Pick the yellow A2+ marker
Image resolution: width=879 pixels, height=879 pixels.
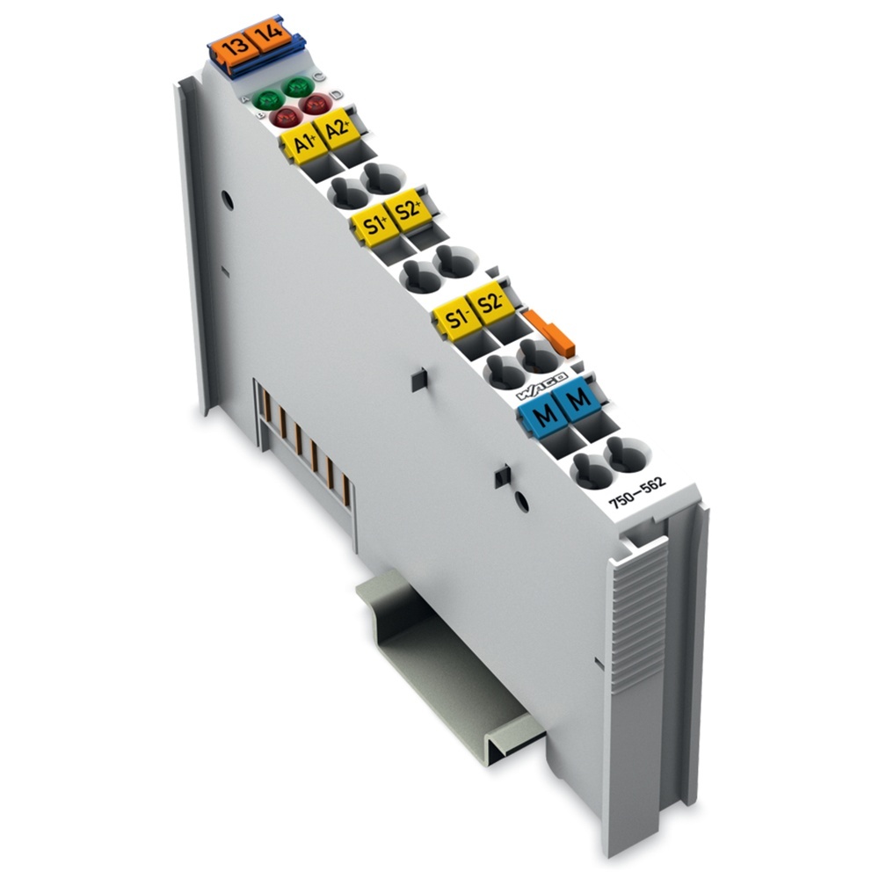pyautogui.click(x=334, y=131)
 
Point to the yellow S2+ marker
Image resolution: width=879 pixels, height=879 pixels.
pyautogui.click(x=408, y=211)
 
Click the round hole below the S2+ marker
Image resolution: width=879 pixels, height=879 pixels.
pyautogui.click(x=452, y=263)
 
